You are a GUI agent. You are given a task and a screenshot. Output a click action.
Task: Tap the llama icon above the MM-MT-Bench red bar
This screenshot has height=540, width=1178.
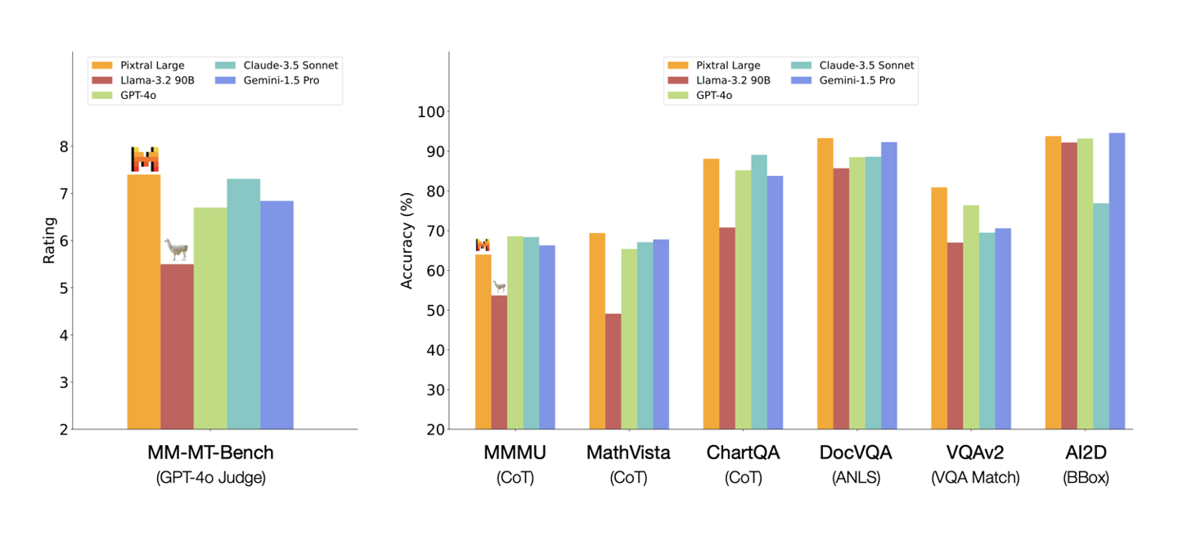click(x=176, y=250)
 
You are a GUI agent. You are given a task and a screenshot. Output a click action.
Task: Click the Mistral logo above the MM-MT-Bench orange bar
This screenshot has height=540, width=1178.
click(x=145, y=159)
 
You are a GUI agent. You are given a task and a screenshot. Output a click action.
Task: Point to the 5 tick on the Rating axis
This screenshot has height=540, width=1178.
click(x=65, y=288)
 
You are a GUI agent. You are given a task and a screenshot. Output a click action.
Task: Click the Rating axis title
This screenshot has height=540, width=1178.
click(x=49, y=240)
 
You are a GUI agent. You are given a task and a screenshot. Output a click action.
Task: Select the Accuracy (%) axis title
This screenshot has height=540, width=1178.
click(x=407, y=245)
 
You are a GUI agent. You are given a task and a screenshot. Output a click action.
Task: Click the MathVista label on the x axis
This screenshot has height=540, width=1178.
click(x=628, y=452)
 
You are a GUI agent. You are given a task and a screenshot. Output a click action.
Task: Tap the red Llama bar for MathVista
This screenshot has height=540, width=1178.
click(x=613, y=371)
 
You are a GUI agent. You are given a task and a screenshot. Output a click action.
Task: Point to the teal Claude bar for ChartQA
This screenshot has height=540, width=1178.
click(x=759, y=291)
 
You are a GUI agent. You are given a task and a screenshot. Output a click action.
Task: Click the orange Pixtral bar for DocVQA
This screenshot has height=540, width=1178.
click(x=825, y=283)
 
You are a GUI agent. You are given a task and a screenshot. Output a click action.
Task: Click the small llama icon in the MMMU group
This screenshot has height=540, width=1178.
click(x=498, y=287)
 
